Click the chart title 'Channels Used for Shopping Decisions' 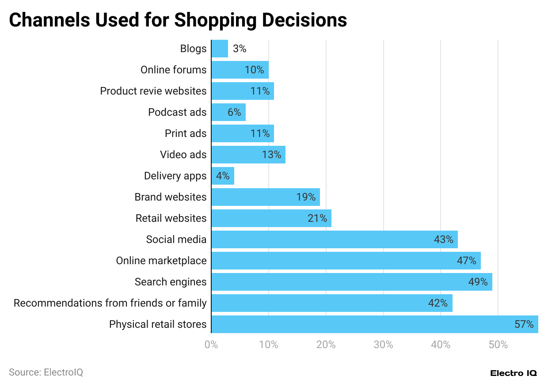[178, 20]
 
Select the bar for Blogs [220, 49]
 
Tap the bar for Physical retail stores [374, 324]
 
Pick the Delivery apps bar [223, 176]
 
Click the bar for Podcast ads [228, 112]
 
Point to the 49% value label [478, 282]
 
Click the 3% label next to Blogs [239, 49]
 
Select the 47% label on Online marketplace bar [466, 261]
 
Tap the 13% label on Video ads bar [271, 155]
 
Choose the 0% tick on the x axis [211, 345]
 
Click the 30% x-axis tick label [383, 345]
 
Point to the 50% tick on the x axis [498, 345]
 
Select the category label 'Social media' [176, 239]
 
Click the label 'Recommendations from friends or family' [110, 303]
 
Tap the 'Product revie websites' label [153, 91]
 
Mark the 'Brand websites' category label [170, 197]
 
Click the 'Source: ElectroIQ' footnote [46, 372]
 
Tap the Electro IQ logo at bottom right [514, 373]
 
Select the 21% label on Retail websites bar [317, 218]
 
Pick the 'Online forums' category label [173, 70]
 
